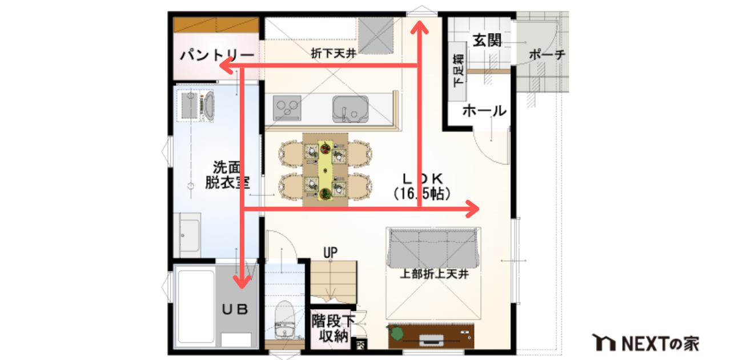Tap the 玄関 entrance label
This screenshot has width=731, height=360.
[x=487, y=40]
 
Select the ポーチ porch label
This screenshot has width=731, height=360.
[x=547, y=55]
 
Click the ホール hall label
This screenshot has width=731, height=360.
[x=484, y=111]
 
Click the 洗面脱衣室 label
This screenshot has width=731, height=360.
[x=227, y=175]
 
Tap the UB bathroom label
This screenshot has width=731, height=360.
[x=235, y=309]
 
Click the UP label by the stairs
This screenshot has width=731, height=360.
[x=330, y=251]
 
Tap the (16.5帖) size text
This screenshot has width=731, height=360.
[x=421, y=193]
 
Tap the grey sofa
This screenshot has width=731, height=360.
[x=432, y=247]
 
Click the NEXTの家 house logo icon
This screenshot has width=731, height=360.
[x=605, y=342]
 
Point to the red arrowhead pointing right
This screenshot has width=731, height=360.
[x=472, y=210]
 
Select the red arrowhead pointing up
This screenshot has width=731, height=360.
[x=420, y=27]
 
